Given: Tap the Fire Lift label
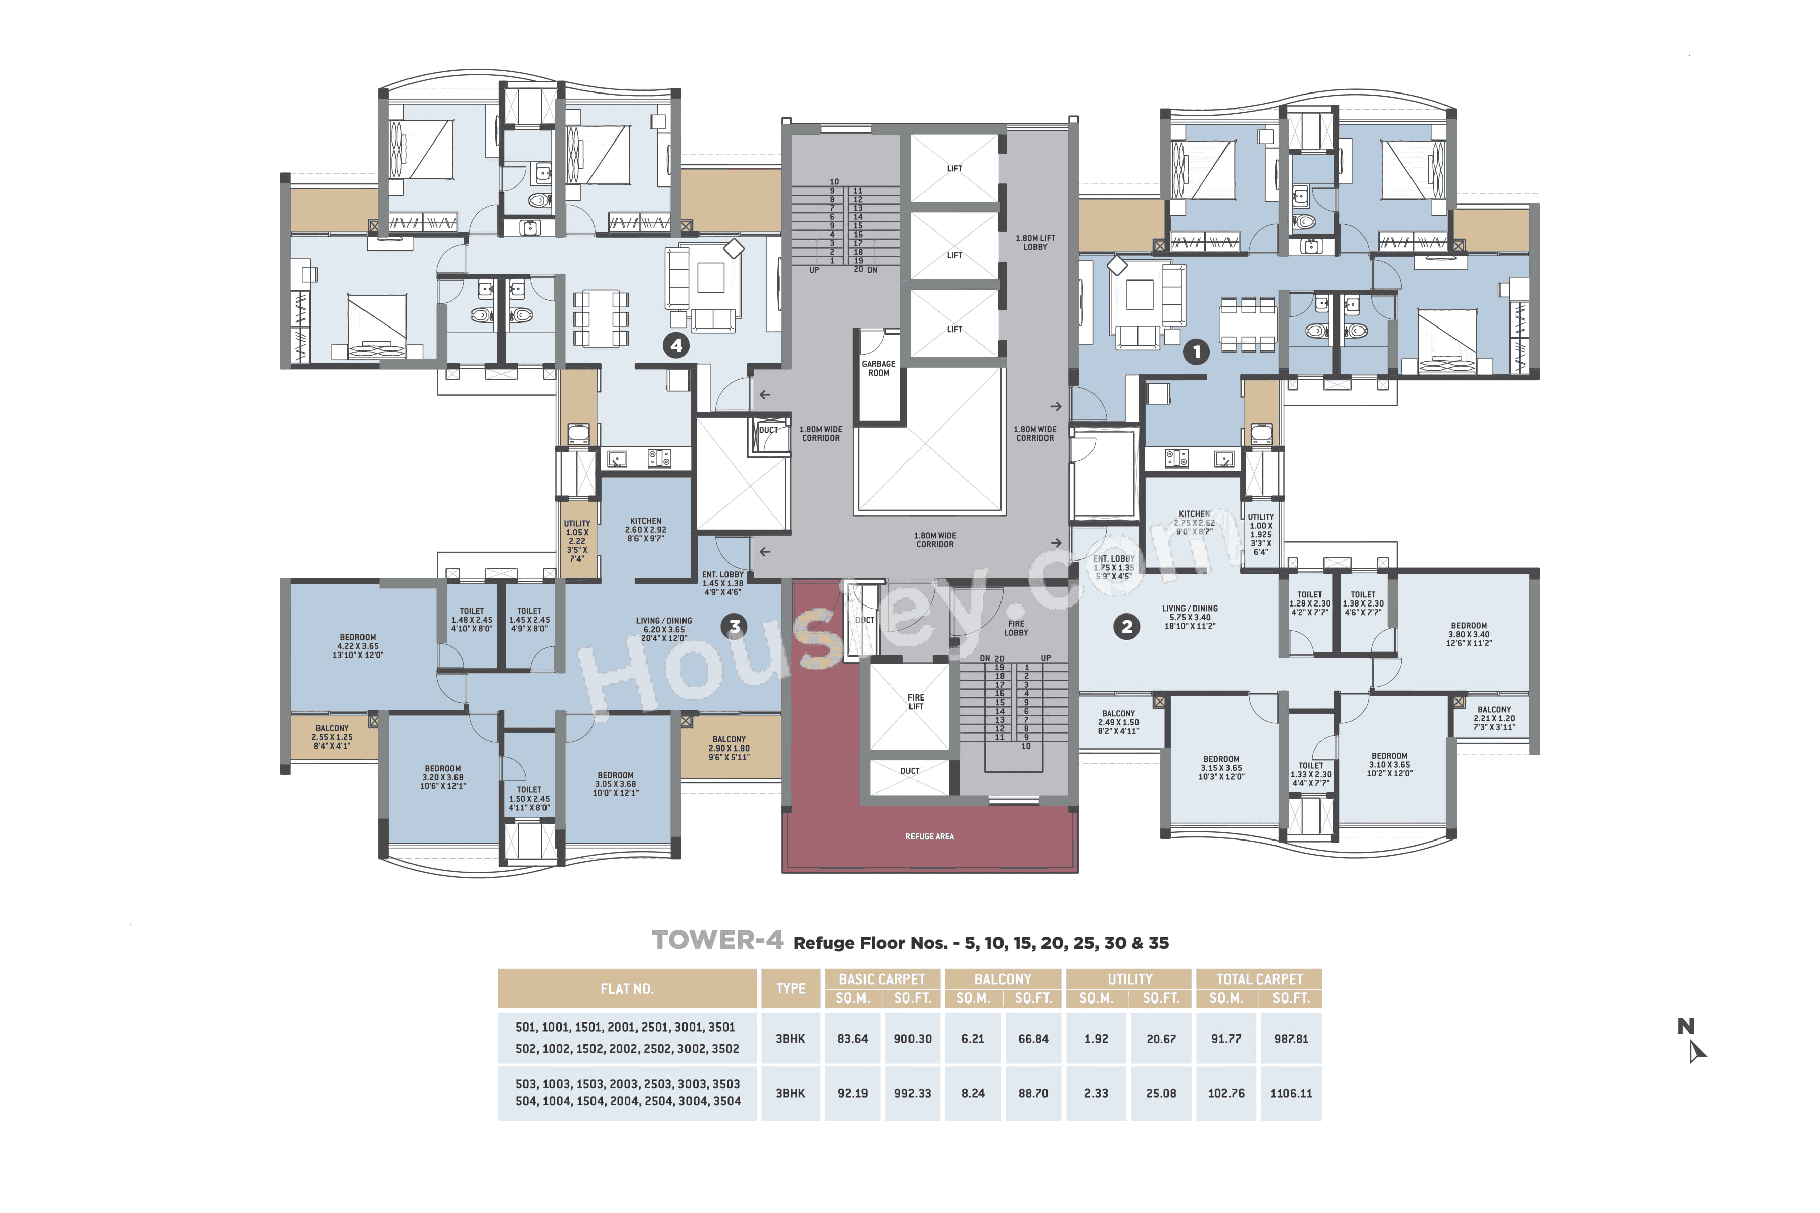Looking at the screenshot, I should click(916, 702).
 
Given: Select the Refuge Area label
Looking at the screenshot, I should click(929, 836).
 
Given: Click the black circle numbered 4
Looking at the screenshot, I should click(676, 345).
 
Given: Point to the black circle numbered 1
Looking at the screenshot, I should click(1196, 352).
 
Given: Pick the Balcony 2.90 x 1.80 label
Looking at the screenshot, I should click(729, 748).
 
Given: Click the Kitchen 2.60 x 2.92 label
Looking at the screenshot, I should click(646, 530).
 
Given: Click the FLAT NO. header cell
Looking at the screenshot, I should click(627, 989).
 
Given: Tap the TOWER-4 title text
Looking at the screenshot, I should click(716, 941).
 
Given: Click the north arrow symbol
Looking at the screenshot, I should click(1696, 1051).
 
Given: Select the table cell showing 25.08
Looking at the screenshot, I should click(1161, 1093).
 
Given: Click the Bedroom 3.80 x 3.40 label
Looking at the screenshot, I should click(1469, 634).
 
